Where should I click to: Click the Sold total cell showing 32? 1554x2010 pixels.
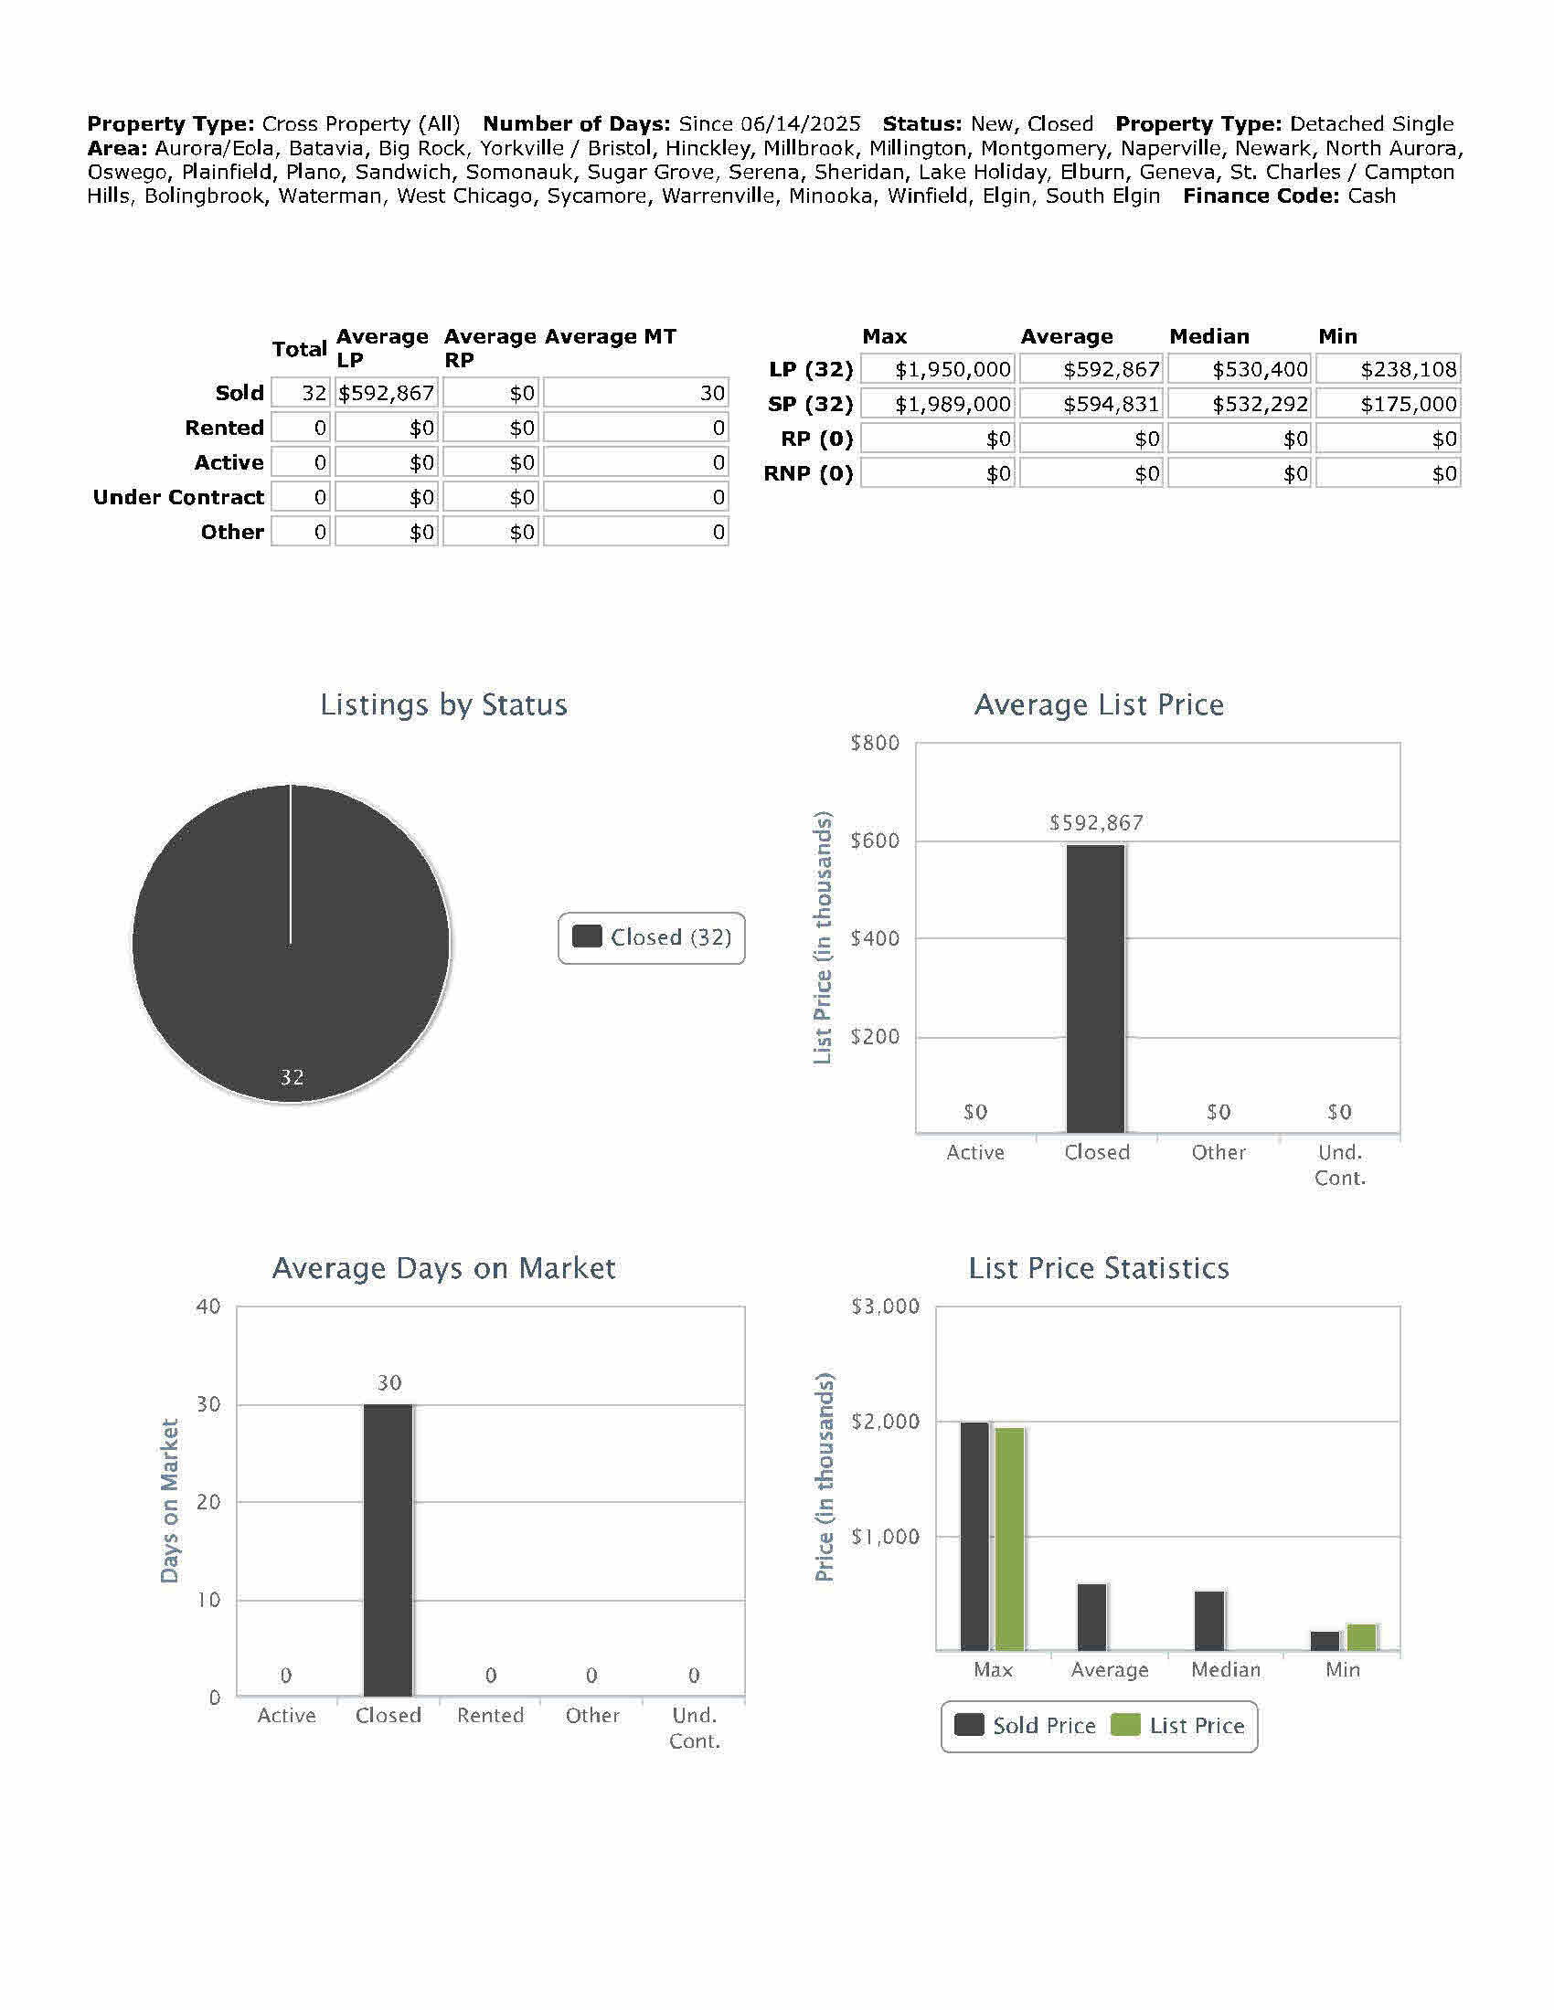tap(301, 394)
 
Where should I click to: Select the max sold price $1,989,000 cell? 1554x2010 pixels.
tap(938, 404)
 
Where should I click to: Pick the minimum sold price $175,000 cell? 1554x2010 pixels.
tap(1389, 404)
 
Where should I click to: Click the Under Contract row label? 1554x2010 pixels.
tap(178, 498)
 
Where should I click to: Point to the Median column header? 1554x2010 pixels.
tap(1208, 337)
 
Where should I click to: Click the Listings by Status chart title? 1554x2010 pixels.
tap(443, 705)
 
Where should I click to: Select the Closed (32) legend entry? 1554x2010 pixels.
tap(652, 937)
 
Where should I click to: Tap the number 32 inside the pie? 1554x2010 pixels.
tap(292, 1077)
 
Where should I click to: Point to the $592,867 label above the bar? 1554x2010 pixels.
tap(1095, 823)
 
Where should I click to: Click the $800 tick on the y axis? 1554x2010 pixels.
tap(875, 743)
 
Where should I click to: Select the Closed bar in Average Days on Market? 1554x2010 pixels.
tap(388, 1550)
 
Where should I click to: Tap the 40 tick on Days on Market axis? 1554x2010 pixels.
tap(209, 1306)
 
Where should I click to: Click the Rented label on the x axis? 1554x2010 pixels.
tap(490, 1716)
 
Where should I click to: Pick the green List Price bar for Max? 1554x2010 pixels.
tap(1010, 1539)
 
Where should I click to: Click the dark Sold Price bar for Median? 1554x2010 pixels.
tap(1209, 1621)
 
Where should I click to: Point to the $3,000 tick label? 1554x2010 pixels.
tap(885, 1306)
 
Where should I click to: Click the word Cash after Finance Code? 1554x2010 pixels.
tap(1371, 196)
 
